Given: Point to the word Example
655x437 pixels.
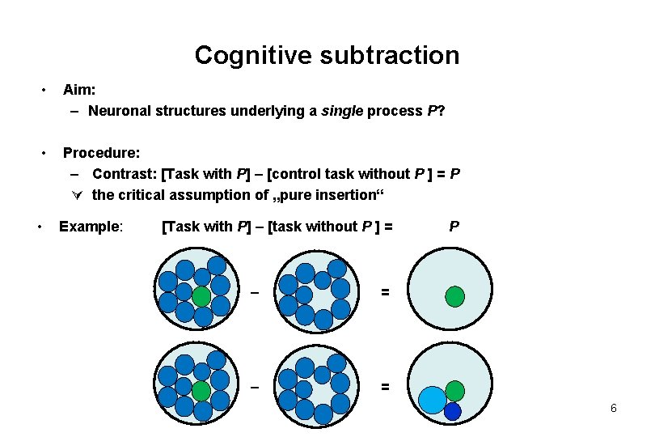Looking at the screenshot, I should click(91, 226).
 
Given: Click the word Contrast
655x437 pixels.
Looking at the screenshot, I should click(125, 173).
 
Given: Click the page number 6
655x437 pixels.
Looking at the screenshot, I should click(614, 409).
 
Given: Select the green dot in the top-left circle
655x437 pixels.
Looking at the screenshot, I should click(201, 296).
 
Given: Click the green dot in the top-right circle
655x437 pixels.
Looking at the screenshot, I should click(455, 296).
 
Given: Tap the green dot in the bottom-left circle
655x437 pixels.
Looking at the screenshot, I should click(201, 392).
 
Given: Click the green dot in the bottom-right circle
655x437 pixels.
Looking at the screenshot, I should click(455, 391).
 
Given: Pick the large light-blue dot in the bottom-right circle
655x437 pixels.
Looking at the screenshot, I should click(433, 400).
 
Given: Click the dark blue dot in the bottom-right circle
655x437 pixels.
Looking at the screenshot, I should click(452, 412).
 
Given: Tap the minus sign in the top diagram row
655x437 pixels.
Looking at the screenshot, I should click(254, 292).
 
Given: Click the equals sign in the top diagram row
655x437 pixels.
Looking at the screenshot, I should click(386, 292).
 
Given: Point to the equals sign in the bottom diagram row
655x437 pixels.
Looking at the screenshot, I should click(386, 388).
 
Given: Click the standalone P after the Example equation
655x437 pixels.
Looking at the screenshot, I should click(454, 226).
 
